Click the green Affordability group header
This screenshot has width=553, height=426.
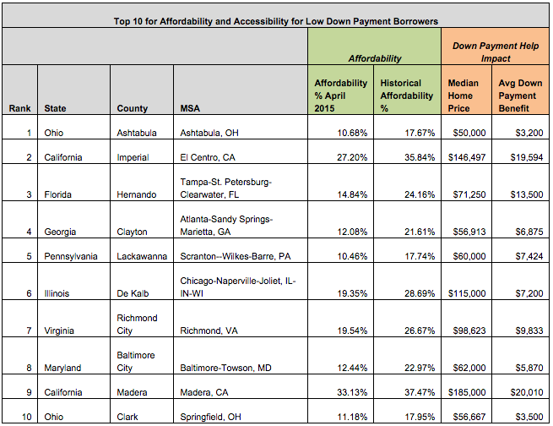pyautogui.click(x=375, y=59)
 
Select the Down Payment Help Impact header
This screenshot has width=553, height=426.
pyautogui.click(x=495, y=52)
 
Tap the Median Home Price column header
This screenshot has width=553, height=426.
pyautogui.click(x=463, y=96)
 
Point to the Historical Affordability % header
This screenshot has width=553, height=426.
pyautogui.click(x=407, y=96)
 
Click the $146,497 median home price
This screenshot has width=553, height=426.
pyautogui.click(x=466, y=157)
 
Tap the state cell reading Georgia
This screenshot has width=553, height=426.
pyautogui.click(x=60, y=231)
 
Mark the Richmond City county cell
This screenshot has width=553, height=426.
pyautogui.click(x=136, y=327)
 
